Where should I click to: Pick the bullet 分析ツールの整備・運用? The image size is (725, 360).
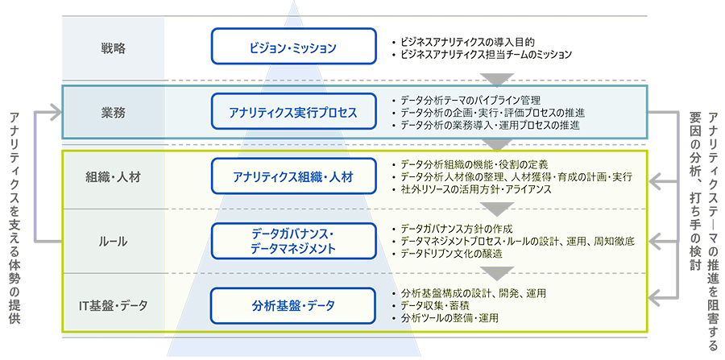(448, 318)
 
